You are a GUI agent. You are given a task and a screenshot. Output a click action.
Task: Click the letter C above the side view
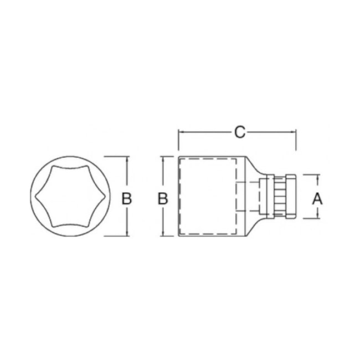tap(240, 132)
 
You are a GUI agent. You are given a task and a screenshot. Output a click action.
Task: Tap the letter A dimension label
tap(317, 199)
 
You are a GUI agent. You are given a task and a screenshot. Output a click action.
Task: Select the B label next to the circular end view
tap(126, 199)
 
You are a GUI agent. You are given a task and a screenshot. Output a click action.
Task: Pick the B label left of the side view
tap(163, 199)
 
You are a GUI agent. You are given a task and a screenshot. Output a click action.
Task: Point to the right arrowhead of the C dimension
tap(293, 132)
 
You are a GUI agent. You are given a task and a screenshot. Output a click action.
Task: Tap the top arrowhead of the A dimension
tap(318, 177)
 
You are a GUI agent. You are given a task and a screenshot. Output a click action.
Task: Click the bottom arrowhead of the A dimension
tap(318, 215)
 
